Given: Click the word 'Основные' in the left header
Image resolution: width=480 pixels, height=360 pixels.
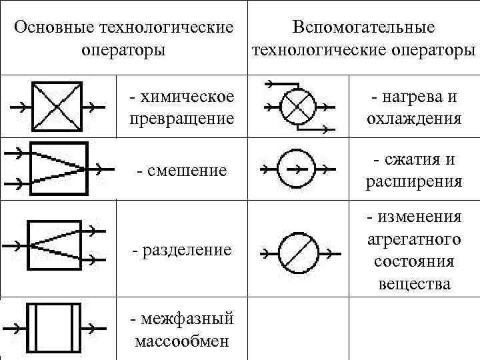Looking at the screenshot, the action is coord(53,28).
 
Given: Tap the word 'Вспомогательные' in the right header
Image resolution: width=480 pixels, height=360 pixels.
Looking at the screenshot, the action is coord(364,28).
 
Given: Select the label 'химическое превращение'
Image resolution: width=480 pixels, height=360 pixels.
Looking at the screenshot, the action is coord(181,108).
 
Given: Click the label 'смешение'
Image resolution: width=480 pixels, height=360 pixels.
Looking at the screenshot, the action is coord(181,171).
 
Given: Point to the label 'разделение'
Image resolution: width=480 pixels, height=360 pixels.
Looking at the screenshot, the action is coord(181,250).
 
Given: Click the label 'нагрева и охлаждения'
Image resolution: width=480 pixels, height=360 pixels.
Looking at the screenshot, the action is coord(413,108).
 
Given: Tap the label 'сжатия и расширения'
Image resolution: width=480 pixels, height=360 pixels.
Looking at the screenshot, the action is coord(413,171).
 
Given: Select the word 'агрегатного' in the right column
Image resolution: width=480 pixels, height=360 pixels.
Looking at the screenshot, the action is coord(413,238).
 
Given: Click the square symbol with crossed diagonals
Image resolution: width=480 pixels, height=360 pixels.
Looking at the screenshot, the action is coord(57,107).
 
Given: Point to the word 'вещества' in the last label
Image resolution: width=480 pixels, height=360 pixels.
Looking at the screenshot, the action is coord(413,285).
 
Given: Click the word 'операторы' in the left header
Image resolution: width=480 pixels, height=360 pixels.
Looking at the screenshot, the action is coord(123,51).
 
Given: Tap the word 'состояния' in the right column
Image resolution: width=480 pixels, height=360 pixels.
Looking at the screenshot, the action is coord(413,261).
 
